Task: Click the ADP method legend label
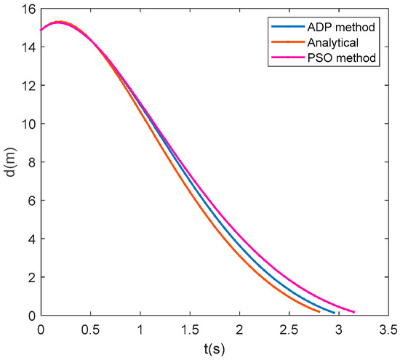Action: tap(341, 28)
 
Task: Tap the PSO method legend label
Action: tap(341, 57)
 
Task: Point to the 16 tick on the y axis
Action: tap(28, 8)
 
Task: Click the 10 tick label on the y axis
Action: tap(28, 123)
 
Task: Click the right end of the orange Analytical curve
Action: tap(319, 311)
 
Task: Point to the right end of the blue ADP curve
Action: tap(335, 313)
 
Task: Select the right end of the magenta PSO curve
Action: tap(354, 312)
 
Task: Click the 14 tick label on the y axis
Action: tap(28, 47)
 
